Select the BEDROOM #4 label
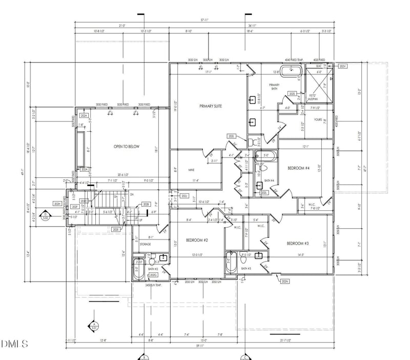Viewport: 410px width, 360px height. coord(298,169)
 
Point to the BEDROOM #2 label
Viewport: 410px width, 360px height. coord(196,239)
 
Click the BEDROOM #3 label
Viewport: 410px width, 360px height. coord(297,243)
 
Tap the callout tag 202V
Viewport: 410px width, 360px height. coord(343,67)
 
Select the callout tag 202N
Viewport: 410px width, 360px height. coord(285,281)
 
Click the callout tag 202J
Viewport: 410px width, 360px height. coord(185,195)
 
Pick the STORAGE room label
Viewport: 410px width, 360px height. coord(145,244)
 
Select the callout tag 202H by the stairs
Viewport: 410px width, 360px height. coord(57,204)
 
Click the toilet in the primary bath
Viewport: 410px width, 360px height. coord(251,140)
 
